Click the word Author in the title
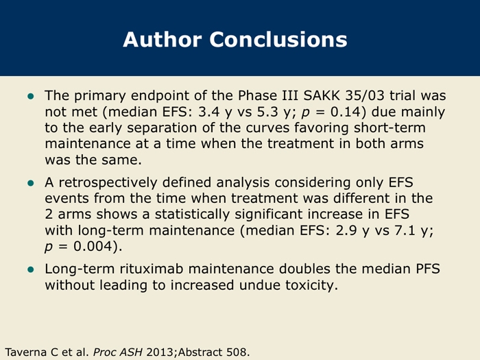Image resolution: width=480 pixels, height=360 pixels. click(163, 39)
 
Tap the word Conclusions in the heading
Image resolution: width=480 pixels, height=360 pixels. click(278, 39)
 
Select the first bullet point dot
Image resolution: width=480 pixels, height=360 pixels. click(31, 97)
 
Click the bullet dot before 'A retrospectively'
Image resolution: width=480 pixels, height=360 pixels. click(31, 183)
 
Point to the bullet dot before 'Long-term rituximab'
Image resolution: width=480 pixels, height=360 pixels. click(31, 269)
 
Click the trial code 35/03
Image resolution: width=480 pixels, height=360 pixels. click(365, 95)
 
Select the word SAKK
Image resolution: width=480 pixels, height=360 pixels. click(322, 95)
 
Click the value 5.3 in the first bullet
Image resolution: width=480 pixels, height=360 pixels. click(267, 112)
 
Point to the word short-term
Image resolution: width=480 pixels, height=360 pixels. click(389, 128)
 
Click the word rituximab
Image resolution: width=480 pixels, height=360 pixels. click(152, 269)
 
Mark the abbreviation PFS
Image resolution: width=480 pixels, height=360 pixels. click(428, 269)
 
